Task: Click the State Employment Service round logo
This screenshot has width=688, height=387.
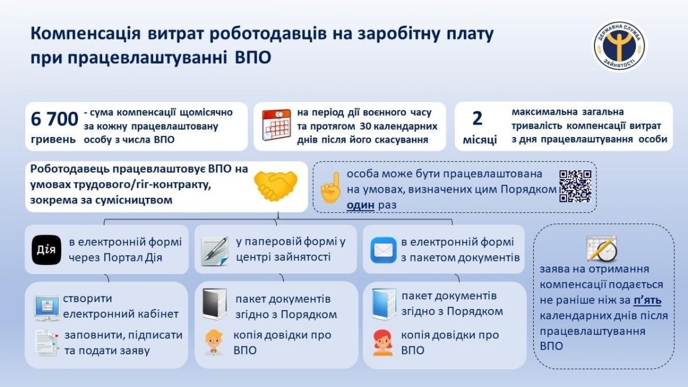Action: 620,46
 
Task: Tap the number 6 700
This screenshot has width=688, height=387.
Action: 54,119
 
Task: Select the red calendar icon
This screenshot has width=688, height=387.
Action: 276,125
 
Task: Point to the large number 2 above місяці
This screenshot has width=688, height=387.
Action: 477,118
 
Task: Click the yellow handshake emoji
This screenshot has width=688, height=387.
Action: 276,186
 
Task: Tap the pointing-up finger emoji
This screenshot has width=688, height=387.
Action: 330,187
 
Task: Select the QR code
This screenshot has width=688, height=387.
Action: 575,186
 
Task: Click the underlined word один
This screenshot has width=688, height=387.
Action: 361,205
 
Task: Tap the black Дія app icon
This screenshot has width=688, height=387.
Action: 46,250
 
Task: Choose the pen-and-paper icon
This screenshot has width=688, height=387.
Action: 214,251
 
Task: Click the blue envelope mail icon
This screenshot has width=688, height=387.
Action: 384,250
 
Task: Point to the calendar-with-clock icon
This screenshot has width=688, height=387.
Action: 601,249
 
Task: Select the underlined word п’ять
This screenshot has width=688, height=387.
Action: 647,300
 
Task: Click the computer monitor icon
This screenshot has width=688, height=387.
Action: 47,308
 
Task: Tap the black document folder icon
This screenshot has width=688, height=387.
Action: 214,304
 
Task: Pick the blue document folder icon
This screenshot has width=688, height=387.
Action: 384,304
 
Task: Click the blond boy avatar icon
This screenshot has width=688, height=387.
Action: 214,342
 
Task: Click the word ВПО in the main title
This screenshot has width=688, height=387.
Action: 253,57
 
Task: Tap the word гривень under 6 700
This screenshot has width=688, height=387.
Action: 53,140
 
